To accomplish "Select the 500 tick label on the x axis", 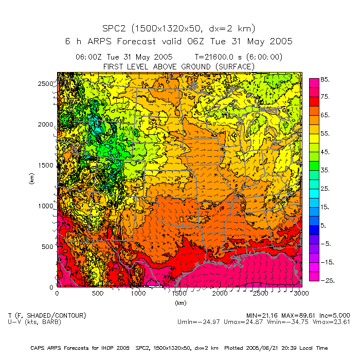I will (x=97, y=294).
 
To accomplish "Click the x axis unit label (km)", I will (x=179, y=303).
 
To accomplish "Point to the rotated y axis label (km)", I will (x=32, y=179).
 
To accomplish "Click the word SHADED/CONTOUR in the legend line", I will (x=55, y=315).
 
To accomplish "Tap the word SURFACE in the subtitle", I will (x=233, y=66).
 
